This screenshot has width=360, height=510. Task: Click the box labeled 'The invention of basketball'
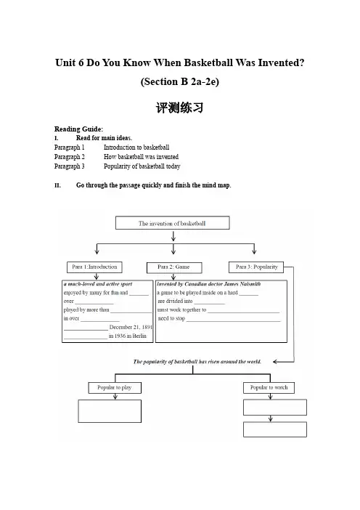pos(173,223)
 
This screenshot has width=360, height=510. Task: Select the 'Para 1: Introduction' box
pos(94,267)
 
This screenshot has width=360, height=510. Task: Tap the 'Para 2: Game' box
pos(174,267)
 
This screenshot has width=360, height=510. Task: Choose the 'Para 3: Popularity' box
pos(256,267)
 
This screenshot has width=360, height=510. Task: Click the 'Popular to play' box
pos(115,388)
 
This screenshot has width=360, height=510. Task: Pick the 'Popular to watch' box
pos(269,388)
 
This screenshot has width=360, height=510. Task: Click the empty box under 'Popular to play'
pos(110,411)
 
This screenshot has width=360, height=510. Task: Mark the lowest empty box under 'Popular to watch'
pos(275,429)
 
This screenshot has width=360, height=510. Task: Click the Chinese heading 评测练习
pos(180,108)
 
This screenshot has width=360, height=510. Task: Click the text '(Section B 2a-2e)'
pos(180,81)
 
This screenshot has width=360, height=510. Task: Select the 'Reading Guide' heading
pos(78,129)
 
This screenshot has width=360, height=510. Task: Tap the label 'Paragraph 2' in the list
pos(70,157)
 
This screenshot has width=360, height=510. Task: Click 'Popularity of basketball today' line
pos(142,166)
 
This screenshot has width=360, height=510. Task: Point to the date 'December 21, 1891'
pos(131,327)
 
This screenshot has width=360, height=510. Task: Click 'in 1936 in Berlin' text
pos(128,336)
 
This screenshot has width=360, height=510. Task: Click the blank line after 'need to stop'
pos(233,321)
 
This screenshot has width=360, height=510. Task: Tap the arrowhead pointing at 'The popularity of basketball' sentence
pos(275,362)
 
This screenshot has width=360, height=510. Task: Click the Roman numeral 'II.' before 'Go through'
pos(57,185)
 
